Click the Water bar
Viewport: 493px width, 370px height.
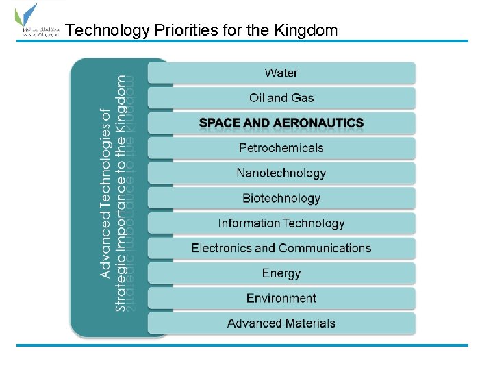click(x=281, y=73)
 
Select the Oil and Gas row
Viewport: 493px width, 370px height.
click(x=281, y=98)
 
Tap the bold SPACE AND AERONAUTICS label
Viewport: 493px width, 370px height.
click(x=281, y=123)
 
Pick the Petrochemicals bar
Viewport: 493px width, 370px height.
click(x=281, y=148)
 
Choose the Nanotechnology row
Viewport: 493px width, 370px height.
click(x=281, y=173)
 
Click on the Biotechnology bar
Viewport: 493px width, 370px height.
click(x=281, y=199)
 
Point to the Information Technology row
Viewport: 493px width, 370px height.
click(x=281, y=223)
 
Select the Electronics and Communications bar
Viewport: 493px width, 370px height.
click(x=281, y=248)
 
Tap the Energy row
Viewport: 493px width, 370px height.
click(x=281, y=273)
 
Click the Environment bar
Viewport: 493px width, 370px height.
click(x=281, y=298)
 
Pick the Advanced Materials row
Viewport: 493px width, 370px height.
click(x=281, y=323)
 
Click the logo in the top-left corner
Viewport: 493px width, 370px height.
click(x=34, y=23)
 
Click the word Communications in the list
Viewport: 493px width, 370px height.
click(x=325, y=248)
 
